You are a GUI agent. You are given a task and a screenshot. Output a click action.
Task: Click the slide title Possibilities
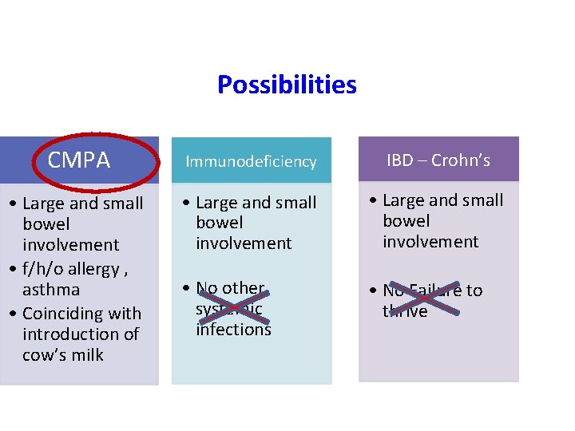pyautogui.click(x=287, y=85)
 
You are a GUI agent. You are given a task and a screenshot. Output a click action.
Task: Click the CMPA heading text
pyautogui.click(x=78, y=160)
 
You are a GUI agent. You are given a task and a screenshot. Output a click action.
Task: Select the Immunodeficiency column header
pyautogui.click(x=251, y=161)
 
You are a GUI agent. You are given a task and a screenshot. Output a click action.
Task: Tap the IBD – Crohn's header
pyautogui.click(x=438, y=160)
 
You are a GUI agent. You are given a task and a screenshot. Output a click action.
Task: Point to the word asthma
pyautogui.click(x=50, y=289)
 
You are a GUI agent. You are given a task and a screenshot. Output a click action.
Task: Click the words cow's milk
pyautogui.click(x=63, y=354)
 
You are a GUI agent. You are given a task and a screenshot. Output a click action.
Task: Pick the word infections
pyautogui.click(x=233, y=329)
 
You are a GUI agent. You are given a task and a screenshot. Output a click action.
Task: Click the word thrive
pyautogui.click(x=405, y=311)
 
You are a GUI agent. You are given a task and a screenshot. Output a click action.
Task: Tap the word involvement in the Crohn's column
pyautogui.click(x=430, y=241)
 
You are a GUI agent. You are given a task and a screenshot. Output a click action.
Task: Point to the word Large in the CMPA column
pyautogui.click(x=45, y=204)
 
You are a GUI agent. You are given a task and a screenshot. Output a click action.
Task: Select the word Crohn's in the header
pyautogui.click(x=461, y=160)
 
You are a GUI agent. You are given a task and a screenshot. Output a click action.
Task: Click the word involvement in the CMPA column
pyautogui.click(x=71, y=245)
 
